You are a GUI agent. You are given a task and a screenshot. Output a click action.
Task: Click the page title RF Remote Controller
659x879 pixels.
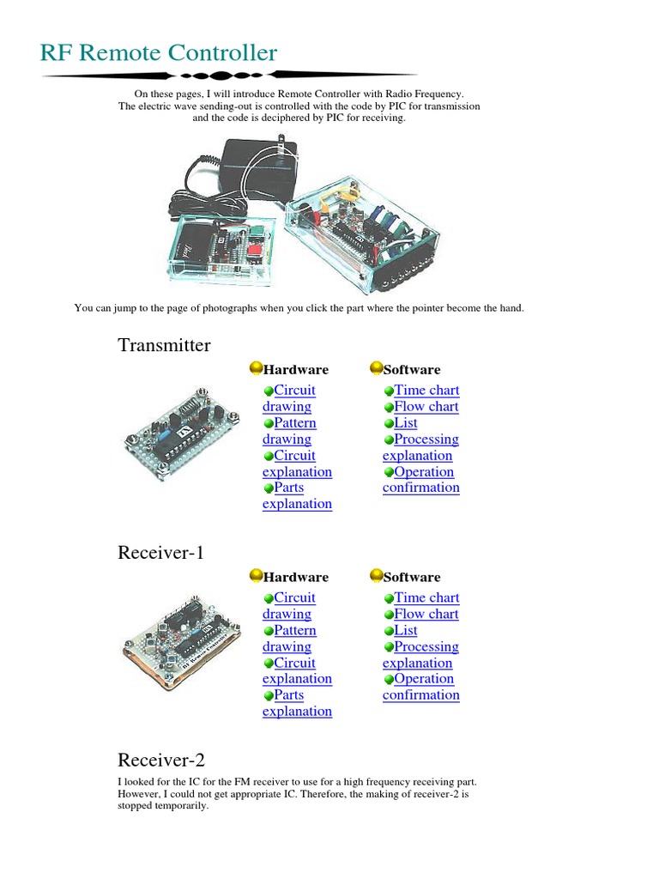[159, 53]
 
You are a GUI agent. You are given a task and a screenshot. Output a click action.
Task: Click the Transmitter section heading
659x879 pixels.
[164, 345]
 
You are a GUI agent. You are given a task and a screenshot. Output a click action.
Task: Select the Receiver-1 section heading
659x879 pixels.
[160, 553]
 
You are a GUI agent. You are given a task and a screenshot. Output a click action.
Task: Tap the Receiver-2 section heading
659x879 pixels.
[160, 760]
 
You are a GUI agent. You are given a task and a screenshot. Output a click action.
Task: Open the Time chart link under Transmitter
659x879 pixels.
[426, 391]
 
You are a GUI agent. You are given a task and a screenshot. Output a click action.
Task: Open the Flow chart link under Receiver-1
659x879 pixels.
[426, 615]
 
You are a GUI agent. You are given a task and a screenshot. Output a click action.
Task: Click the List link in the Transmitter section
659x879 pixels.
[406, 423]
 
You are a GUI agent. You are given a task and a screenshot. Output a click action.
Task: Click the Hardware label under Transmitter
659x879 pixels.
[296, 370]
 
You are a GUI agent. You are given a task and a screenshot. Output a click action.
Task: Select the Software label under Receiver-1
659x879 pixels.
[412, 578]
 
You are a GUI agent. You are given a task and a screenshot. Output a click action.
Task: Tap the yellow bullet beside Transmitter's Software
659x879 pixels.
[376, 369]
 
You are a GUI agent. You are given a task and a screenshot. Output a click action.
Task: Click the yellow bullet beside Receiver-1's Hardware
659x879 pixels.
[256, 576]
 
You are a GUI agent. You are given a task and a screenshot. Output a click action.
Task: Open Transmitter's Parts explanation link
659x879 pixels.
[296, 496]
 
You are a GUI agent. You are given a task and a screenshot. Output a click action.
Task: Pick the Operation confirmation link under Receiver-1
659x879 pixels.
[421, 687]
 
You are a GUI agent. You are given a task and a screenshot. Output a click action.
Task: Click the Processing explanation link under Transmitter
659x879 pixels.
[420, 447]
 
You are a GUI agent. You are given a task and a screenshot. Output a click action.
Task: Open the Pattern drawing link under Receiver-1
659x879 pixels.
[289, 639]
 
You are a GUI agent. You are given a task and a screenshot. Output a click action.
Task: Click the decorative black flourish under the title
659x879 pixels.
[230, 76]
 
